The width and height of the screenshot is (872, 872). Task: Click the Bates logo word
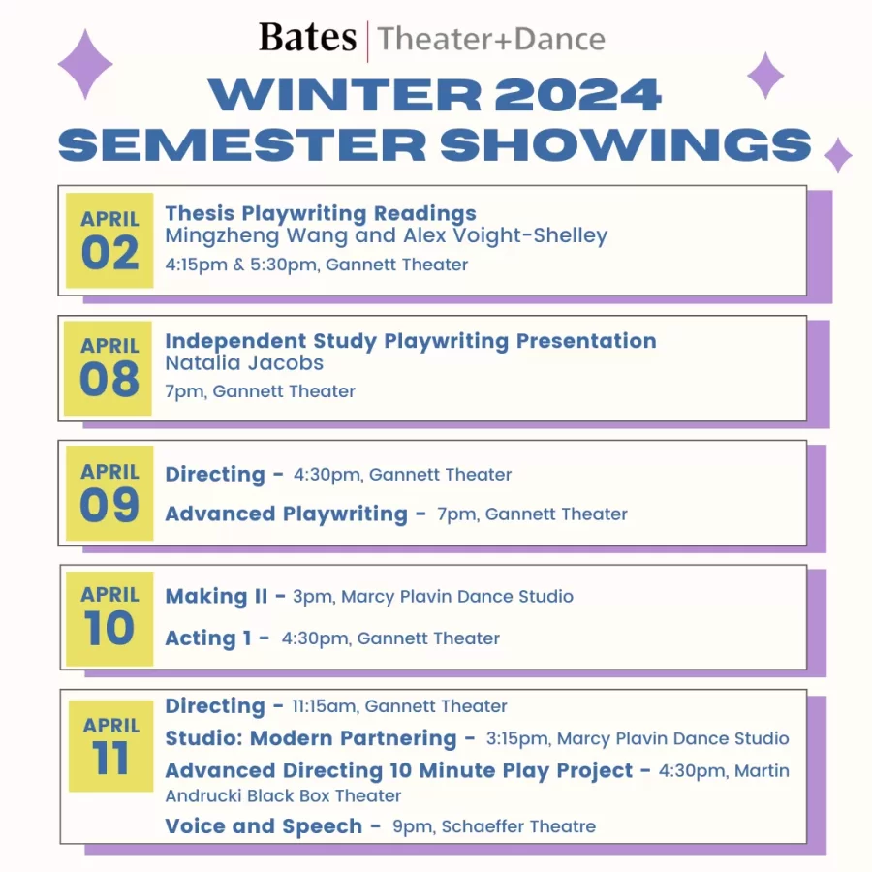point(307,38)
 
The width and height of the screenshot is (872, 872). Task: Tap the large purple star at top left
point(85,64)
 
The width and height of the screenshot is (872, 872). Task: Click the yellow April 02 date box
point(109,239)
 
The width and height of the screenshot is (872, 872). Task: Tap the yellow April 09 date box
point(109,493)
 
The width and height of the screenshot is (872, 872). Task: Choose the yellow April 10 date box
point(109,617)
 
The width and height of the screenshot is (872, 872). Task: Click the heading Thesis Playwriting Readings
point(321,213)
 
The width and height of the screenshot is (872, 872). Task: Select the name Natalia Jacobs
point(244,363)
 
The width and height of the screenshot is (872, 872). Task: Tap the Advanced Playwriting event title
point(286,514)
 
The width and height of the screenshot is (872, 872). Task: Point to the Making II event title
point(216,597)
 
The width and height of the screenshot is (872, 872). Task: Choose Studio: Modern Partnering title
point(310,738)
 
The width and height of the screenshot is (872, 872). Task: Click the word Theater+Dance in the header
point(491,40)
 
